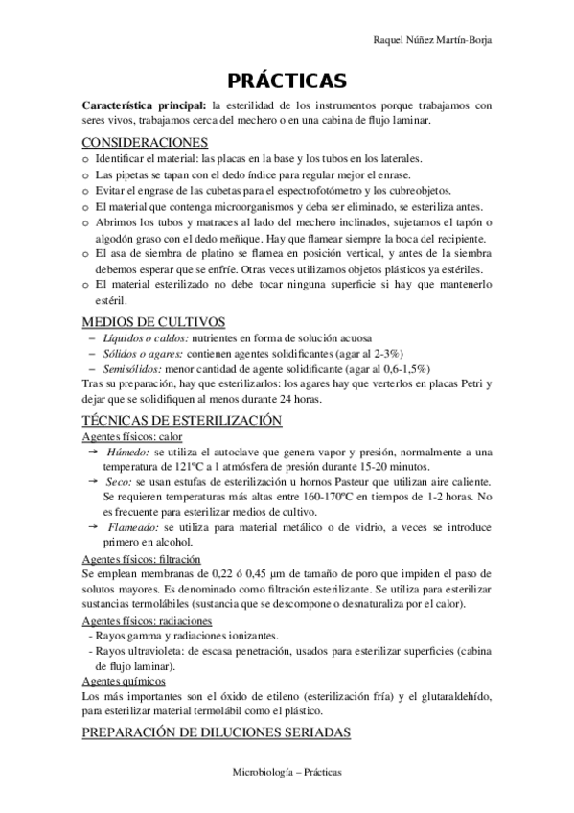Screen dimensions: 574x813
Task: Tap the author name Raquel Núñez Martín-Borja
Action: tap(438, 40)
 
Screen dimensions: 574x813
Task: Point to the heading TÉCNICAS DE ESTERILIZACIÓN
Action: tap(182, 420)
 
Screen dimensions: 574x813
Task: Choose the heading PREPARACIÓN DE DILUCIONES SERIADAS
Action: tap(217, 733)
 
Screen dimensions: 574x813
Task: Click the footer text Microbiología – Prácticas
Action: tap(287, 772)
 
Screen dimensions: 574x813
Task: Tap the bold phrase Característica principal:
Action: tap(145, 105)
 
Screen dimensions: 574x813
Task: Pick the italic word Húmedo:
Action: tap(128, 451)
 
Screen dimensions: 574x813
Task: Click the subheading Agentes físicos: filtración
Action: tap(142, 557)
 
